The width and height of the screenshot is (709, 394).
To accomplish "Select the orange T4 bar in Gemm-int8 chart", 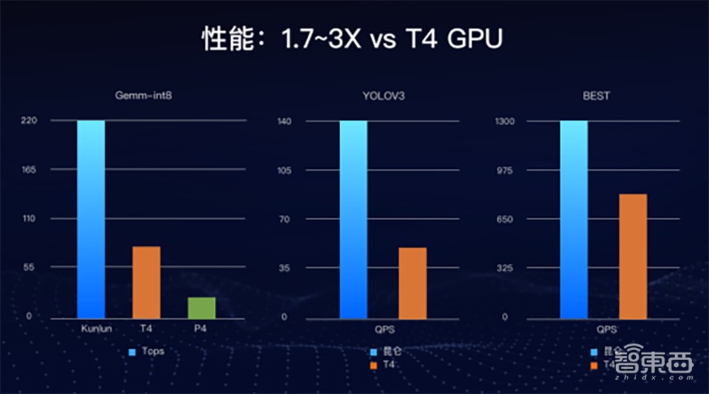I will coord(146,282).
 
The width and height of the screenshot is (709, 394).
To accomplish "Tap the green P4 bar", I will coord(201,307).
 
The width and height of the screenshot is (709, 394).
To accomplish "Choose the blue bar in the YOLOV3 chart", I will coord(353,219).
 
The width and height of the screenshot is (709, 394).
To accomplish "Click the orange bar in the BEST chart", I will coord(633,256).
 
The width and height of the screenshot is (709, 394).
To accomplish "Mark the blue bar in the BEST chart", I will coord(574,219).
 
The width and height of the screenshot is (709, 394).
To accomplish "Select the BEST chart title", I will coord(596,96).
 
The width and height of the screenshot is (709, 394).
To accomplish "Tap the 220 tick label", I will coord(28,121).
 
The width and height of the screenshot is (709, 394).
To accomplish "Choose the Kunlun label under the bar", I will coord(91,329).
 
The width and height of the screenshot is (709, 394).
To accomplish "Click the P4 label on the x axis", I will coord(201,329).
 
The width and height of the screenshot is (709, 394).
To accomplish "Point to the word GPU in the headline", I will coord(475,40).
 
